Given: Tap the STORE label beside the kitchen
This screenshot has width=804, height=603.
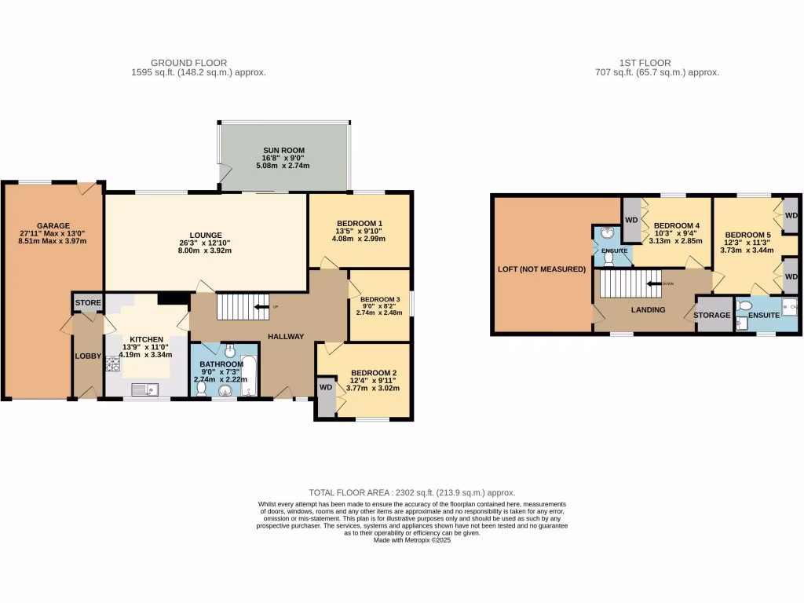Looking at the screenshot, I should click(87, 302).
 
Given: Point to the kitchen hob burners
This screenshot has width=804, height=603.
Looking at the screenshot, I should click(111, 364).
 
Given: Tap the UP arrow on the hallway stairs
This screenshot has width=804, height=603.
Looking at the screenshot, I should click(261, 306).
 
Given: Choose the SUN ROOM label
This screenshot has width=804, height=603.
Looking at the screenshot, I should click(283, 150).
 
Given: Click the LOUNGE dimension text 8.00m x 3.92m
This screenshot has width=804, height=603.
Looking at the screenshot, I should click(205, 250).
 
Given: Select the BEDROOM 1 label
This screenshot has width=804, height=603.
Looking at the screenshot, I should click(359, 224).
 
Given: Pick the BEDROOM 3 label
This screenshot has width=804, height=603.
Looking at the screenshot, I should click(380, 299).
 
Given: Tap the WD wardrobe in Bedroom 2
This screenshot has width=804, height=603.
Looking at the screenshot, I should click(325, 387).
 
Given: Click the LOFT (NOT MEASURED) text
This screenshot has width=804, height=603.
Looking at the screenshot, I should click(542, 269).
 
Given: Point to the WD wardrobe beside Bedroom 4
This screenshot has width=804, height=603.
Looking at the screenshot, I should click(631, 220).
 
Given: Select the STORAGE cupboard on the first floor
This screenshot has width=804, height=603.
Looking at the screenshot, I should click(713, 315).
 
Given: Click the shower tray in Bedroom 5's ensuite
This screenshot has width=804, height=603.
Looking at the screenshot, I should click(788, 307).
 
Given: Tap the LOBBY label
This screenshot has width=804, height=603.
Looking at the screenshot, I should click(87, 356).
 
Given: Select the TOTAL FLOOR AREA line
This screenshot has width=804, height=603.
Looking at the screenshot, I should click(412, 492).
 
